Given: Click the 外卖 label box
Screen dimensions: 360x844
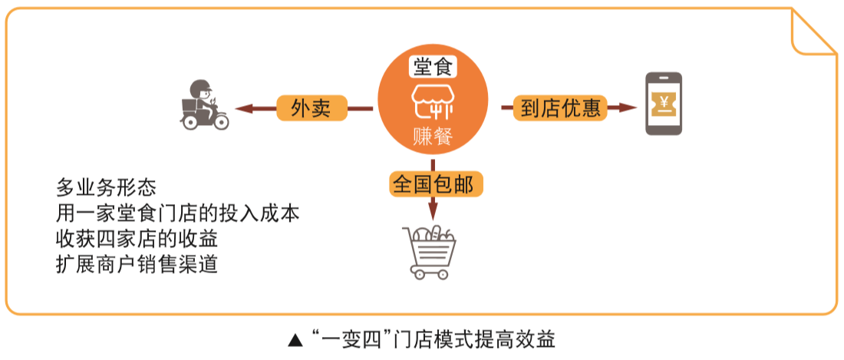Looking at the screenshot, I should click(311, 108).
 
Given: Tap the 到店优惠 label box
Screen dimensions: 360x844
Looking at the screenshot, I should click(560, 108).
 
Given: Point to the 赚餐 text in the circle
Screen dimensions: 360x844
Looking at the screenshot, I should click(433, 137).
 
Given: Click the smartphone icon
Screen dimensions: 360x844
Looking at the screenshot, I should click(663, 104).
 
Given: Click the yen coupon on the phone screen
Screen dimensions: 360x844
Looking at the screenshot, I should click(663, 103).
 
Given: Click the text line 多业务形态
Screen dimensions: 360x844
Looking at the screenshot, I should click(106, 187).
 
